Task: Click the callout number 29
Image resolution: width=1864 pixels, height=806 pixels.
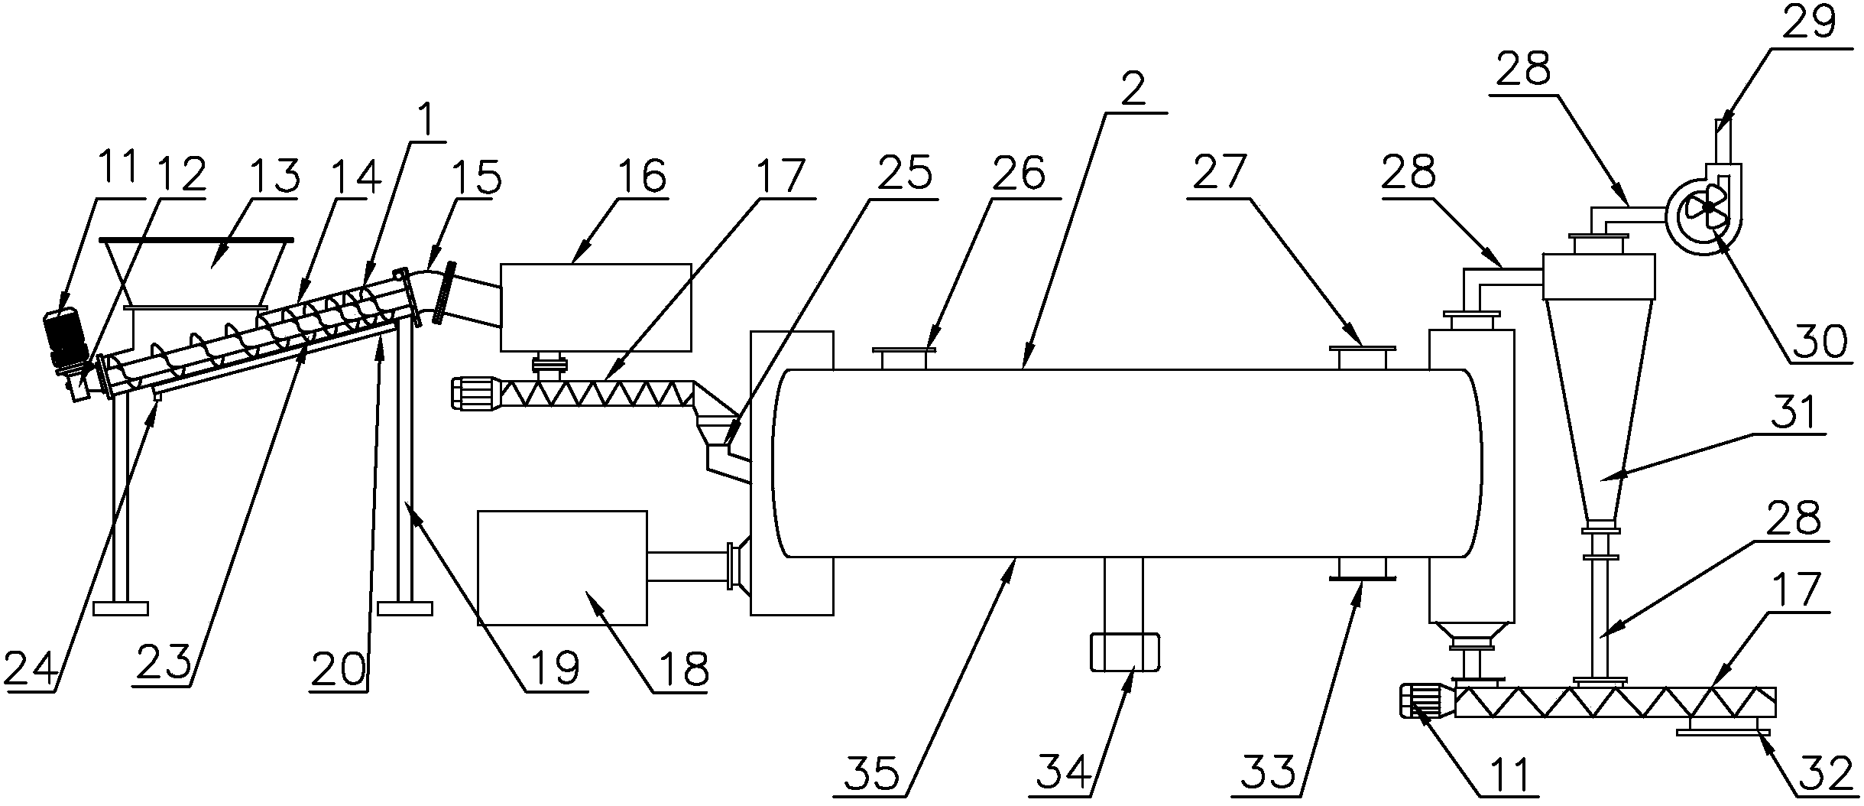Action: (1820, 24)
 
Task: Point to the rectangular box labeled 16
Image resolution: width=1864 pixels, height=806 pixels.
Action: (595, 307)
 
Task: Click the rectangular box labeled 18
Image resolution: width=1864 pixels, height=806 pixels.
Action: (562, 567)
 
